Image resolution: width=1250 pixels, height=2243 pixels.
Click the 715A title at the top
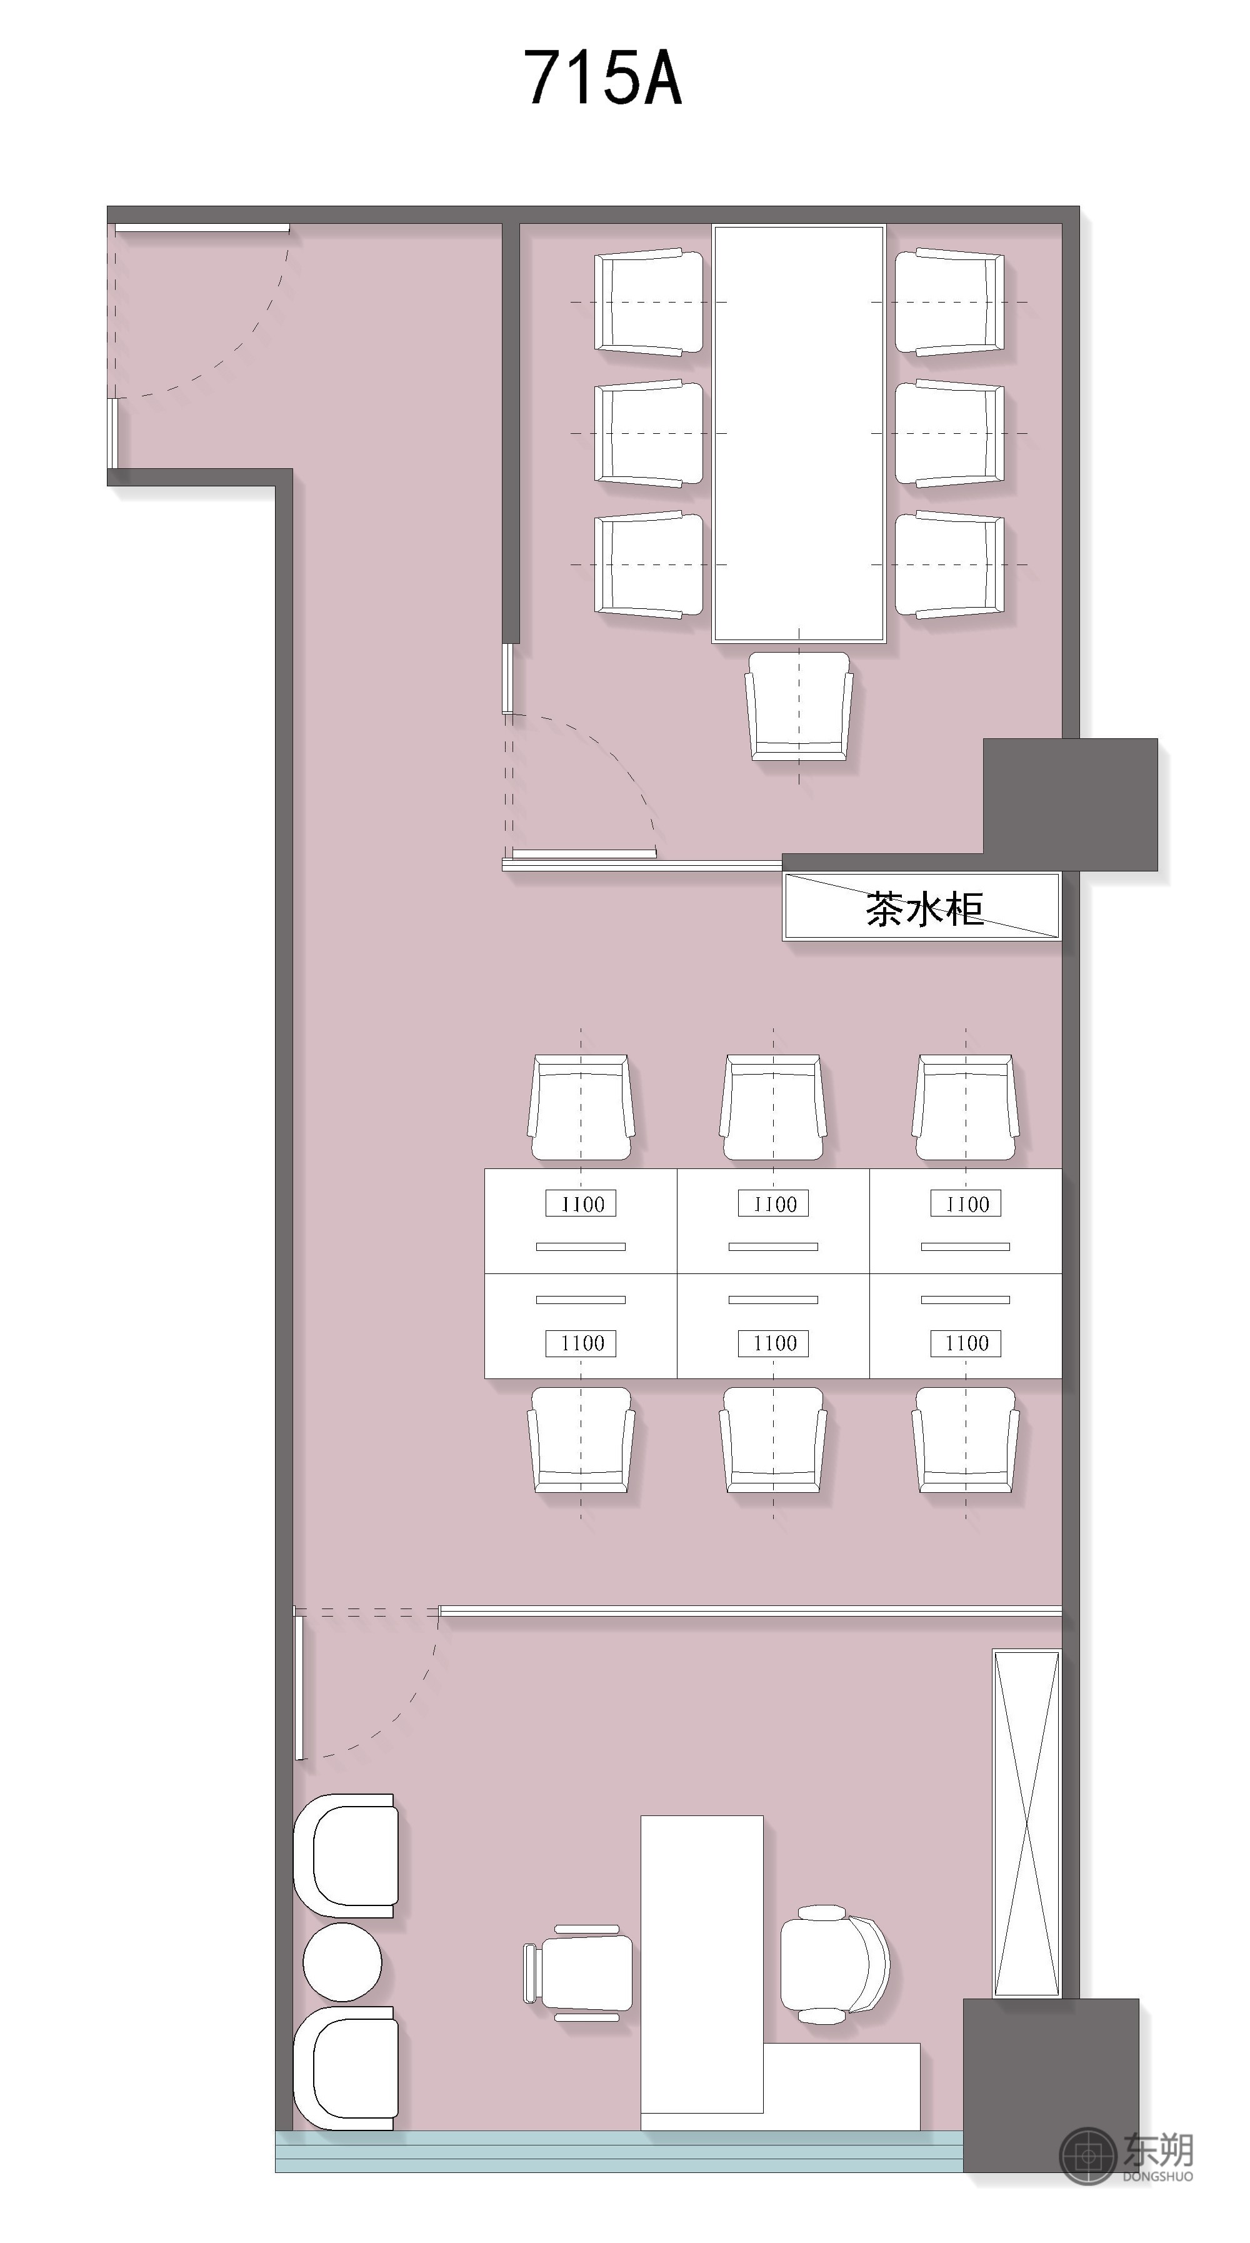coord(602,78)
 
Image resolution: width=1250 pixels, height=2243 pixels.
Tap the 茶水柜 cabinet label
coord(924,908)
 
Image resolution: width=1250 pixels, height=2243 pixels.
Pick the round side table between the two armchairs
coord(342,1962)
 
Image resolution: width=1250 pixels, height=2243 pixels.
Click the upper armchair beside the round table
coord(346,1855)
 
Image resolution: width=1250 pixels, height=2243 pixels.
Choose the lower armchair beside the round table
coord(346,2068)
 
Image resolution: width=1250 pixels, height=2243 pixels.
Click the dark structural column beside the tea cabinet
coord(1070,804)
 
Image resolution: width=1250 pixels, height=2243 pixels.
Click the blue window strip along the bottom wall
coord(619,2150)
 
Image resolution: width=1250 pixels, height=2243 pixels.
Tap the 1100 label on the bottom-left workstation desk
coord(581,1343)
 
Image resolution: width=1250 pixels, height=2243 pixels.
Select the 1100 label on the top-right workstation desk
coord(966,1204)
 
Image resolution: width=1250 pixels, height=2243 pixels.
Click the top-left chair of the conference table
coord(649,302)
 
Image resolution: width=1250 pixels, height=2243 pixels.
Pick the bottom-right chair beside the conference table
coord(949,565)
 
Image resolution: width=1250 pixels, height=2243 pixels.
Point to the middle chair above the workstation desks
coord(773,1108)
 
